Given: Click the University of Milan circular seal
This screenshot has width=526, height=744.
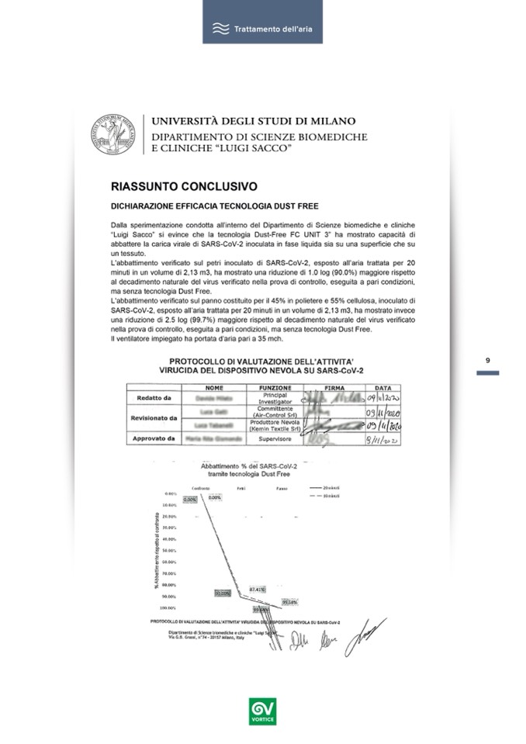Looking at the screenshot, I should click(x=115, y=133).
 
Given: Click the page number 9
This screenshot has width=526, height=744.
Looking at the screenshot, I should click(x=487, y=361).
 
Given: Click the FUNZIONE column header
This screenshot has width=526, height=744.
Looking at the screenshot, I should click(x=275, y=386).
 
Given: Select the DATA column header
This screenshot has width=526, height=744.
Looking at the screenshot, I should click(x=383, y=386).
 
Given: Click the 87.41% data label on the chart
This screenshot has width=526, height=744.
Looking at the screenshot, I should click(x=258, y=590).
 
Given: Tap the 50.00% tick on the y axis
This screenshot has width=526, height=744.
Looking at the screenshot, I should click(x=169, y=550).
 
